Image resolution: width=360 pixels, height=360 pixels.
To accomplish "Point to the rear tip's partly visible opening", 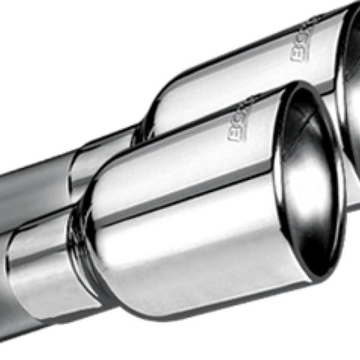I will point(351,90).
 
